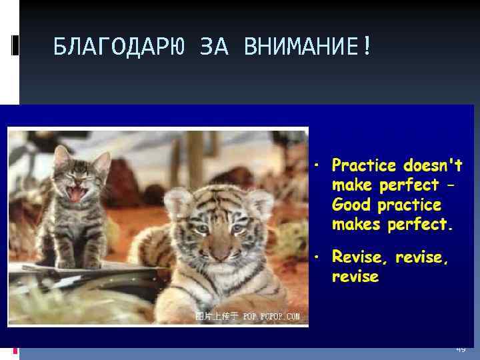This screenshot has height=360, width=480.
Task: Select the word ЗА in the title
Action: tap(215, 47)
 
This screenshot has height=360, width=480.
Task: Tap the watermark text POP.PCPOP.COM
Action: tap(271, 316)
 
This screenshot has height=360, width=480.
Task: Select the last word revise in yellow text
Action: tap(355, 277)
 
